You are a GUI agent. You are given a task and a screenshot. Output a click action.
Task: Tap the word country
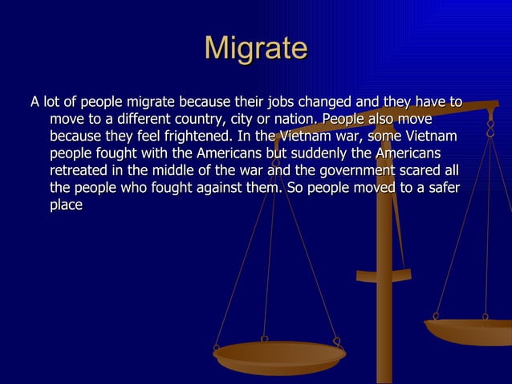pyautogui.click(x=190, y=121)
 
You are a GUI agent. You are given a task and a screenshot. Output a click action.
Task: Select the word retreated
pyautogui.click(x=83, y=171)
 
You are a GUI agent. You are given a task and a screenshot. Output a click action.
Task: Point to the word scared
pyautogui.click(x=430, y=171)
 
